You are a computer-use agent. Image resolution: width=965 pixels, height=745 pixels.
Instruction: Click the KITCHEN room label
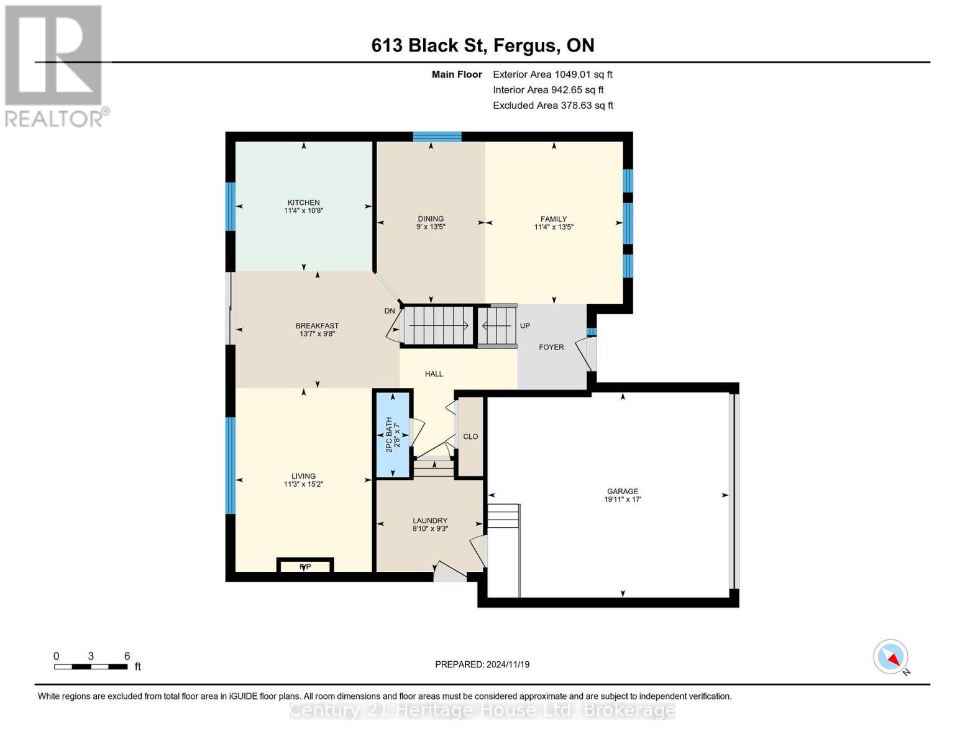tap(303, 202)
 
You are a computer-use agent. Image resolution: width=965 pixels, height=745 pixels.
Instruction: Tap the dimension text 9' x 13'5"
tap(431, 227)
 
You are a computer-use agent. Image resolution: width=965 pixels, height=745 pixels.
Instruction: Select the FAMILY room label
tap(553, 219)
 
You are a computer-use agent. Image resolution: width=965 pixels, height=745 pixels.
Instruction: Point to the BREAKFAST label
tap(317, 325)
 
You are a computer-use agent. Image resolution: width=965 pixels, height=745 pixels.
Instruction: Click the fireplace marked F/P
tap(305, 566)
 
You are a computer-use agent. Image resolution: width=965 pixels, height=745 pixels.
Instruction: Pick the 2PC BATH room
tap(392, 434)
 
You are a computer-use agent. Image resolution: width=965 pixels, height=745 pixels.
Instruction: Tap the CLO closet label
tap(470, 436)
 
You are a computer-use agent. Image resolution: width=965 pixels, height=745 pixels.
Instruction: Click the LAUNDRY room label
tap(430, 520)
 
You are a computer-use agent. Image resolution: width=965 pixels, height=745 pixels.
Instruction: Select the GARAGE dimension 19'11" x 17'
tap(622, 499)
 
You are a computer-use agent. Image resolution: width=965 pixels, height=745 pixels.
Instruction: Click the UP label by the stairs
tap(525, 325)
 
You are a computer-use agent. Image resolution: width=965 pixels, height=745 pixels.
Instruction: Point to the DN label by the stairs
tap(390, 311)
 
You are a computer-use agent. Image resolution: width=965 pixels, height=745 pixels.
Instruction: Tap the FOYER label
tap(551, 347)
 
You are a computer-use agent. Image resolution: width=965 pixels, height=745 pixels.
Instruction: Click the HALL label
tap(434, 374)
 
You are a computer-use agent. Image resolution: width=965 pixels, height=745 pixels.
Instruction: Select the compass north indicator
tap(891, 657)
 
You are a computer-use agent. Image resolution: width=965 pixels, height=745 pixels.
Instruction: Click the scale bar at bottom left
tap(91, 667)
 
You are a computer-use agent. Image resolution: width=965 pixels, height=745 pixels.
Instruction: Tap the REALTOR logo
tap(55, 66)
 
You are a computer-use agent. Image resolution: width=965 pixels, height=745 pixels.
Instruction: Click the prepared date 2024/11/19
tap(482, 664)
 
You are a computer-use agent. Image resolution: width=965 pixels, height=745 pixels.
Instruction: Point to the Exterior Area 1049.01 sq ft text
tap(552, 74)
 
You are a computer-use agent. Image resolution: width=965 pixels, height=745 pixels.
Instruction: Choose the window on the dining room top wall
tap(437, 137)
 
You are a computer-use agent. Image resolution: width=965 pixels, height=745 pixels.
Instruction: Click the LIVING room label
tap(303, 476)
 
